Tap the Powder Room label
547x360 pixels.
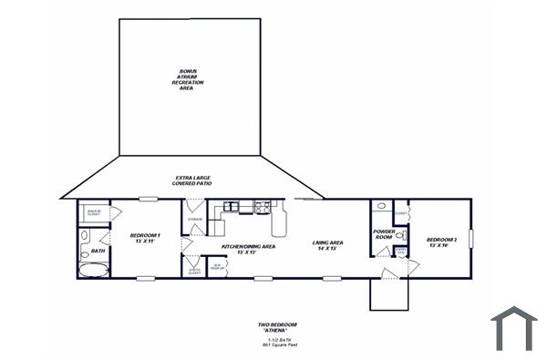click(384, 234)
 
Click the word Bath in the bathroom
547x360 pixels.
click(98, 251)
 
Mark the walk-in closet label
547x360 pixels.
click(93, 211)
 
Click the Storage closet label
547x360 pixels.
click(194, 220)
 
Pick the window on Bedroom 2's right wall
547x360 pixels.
click(471, 239)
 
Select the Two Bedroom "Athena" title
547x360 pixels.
click(276, 327)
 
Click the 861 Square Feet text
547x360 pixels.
click(277, 345)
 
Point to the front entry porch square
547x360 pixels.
click(387, 293)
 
